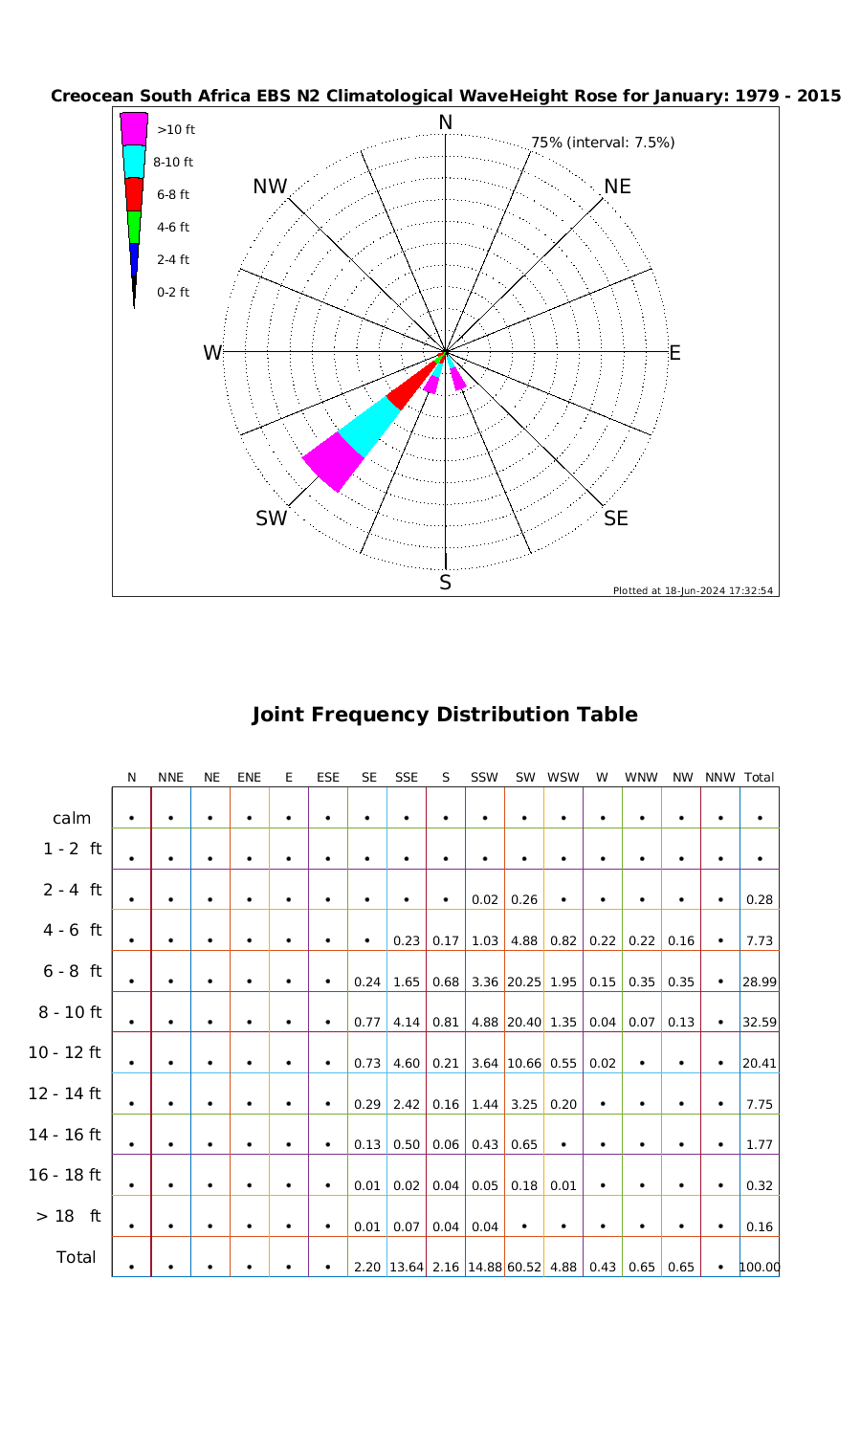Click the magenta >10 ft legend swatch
click(134, 128)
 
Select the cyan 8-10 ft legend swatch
click(134, 161)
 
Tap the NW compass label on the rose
click(271, 188)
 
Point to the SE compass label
click(616, 519)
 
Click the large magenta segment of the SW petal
click(332, 460)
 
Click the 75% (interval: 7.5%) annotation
click(604, 143)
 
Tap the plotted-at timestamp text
click(694, 590)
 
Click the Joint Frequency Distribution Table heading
click(444, 715)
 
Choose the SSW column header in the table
click(484, 778)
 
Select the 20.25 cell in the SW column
click(525, 982)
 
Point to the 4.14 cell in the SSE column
click(407, 1022)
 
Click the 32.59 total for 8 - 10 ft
click(759, 1022)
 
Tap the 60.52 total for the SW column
click(525, 1267)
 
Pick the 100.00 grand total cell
click(759, 1267)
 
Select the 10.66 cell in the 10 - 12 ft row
click(525, 1063)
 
